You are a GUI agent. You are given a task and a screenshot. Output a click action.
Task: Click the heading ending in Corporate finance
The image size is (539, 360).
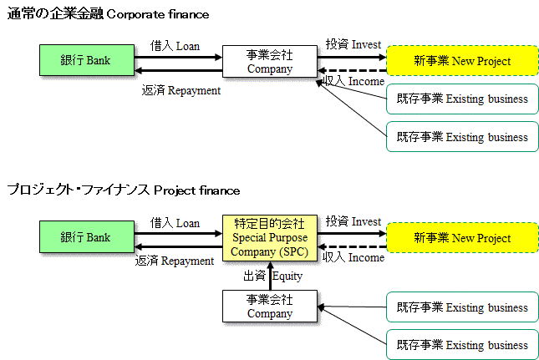pos(108,14)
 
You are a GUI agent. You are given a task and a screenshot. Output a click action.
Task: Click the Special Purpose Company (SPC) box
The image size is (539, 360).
pos(269,237)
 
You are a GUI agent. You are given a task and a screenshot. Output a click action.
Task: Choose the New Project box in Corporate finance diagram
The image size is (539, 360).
pos(462,61)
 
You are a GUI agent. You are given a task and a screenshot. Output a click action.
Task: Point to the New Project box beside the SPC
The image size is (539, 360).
pos(462,238)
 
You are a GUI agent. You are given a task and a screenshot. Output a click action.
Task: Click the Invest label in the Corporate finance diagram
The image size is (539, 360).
pos(353,43)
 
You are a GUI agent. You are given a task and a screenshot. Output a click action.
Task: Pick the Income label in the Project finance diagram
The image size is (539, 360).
pos(353,257)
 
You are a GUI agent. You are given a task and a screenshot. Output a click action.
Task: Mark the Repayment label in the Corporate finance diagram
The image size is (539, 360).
pos(181,89)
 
